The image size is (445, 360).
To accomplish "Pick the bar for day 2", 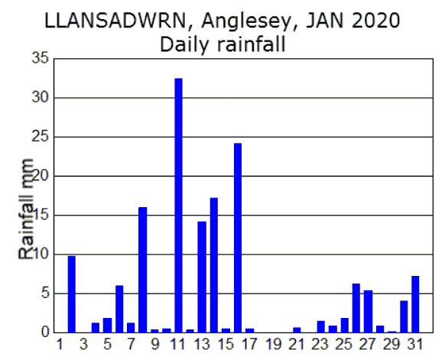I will tap(72, 294).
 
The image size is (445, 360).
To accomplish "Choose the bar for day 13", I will tap(202, 276).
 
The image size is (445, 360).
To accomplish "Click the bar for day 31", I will tap(415, 303).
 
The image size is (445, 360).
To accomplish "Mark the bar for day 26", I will tap(356, 307).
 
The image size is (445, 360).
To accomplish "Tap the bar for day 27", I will tap(368, 310).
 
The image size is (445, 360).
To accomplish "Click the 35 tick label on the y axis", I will tap(40, 59).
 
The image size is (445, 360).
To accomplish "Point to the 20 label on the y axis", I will tap(40, 176).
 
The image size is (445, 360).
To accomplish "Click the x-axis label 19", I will tap(273, 344).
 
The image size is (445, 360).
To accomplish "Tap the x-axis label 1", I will tap(60, 344).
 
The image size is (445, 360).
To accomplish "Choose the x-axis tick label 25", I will tap(344, 344).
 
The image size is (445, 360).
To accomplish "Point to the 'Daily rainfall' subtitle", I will tap(222, 44).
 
